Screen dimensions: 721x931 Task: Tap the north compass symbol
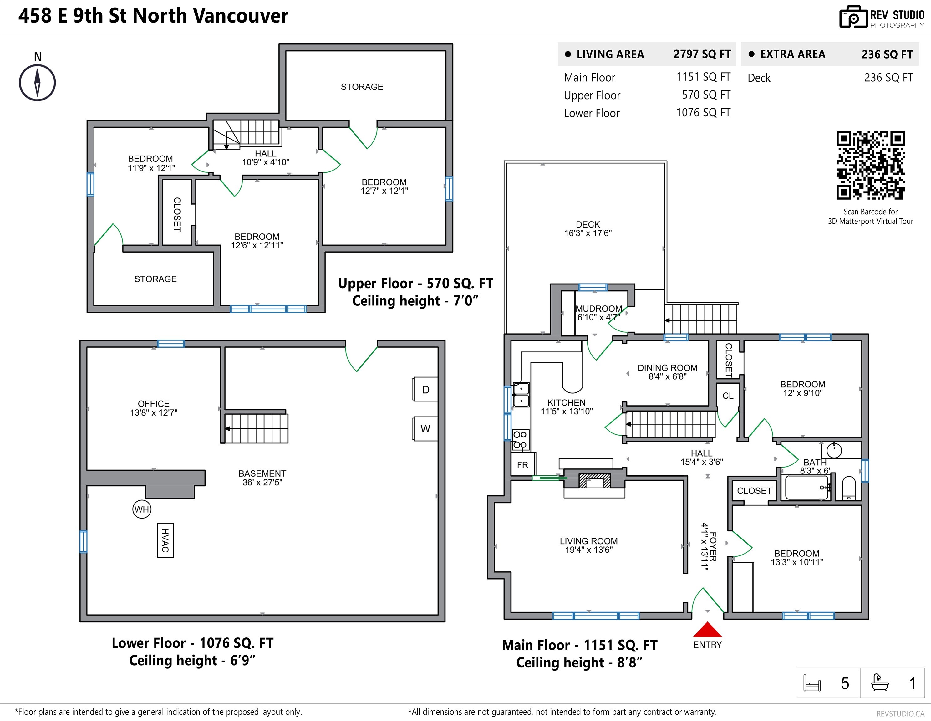38,83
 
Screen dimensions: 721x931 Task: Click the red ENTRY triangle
707,630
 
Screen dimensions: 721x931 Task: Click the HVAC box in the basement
165,540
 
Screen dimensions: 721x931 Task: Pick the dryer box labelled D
425,389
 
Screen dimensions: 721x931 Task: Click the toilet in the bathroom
849,488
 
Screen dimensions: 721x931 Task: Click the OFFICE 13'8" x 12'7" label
154,408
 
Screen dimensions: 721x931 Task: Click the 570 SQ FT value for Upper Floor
706,95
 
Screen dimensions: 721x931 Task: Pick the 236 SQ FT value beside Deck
888,78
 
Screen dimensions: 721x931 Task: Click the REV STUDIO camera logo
853,17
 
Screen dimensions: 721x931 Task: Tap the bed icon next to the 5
811,683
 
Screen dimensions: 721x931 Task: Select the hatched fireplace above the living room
594,481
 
